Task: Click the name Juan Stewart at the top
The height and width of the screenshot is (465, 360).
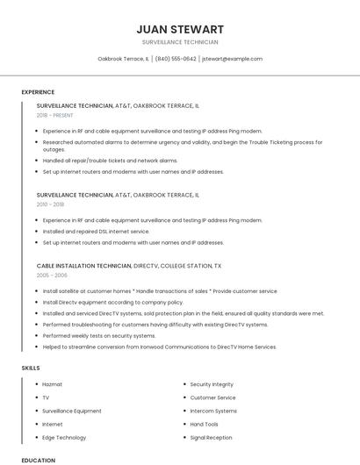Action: click(180, 29)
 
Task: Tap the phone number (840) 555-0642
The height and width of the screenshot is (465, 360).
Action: click(176, 59)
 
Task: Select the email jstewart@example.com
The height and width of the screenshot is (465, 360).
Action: click(232, 59)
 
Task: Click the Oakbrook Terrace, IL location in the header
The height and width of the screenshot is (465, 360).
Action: click(123, 59)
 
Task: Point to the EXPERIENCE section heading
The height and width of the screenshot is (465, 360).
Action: click(38, 92)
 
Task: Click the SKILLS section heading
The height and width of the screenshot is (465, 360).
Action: click(31, 368)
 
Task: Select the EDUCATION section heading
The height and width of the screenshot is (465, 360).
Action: click(38, 460)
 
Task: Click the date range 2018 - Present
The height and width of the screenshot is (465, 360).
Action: click(56, 115)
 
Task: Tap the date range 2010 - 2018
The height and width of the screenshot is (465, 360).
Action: click(50, 204)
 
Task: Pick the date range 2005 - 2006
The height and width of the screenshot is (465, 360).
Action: click(52, 275)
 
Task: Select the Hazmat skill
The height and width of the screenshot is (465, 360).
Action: click(52, 384)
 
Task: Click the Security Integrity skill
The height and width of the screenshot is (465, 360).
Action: click(212, 384)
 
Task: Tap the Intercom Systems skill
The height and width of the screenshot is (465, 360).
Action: click(213, 411)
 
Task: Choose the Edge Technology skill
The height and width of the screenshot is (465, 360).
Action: click(64, 437)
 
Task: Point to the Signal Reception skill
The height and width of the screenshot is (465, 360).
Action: click(211, 437)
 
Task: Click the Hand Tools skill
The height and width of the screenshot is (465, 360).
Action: click(205, 424)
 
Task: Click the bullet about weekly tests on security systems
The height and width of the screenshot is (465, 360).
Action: click(98, 335)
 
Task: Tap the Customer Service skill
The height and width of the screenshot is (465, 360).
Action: click(213, 397)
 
